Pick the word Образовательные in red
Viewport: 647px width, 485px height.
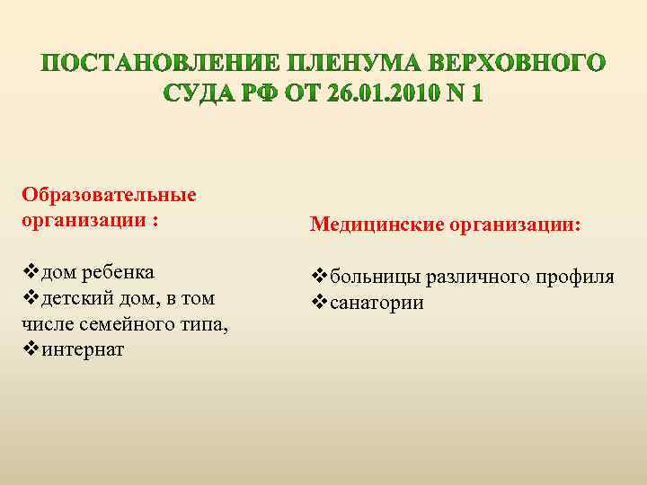tap(110, 196)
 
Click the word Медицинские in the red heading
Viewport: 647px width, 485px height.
tap(368, 225)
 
